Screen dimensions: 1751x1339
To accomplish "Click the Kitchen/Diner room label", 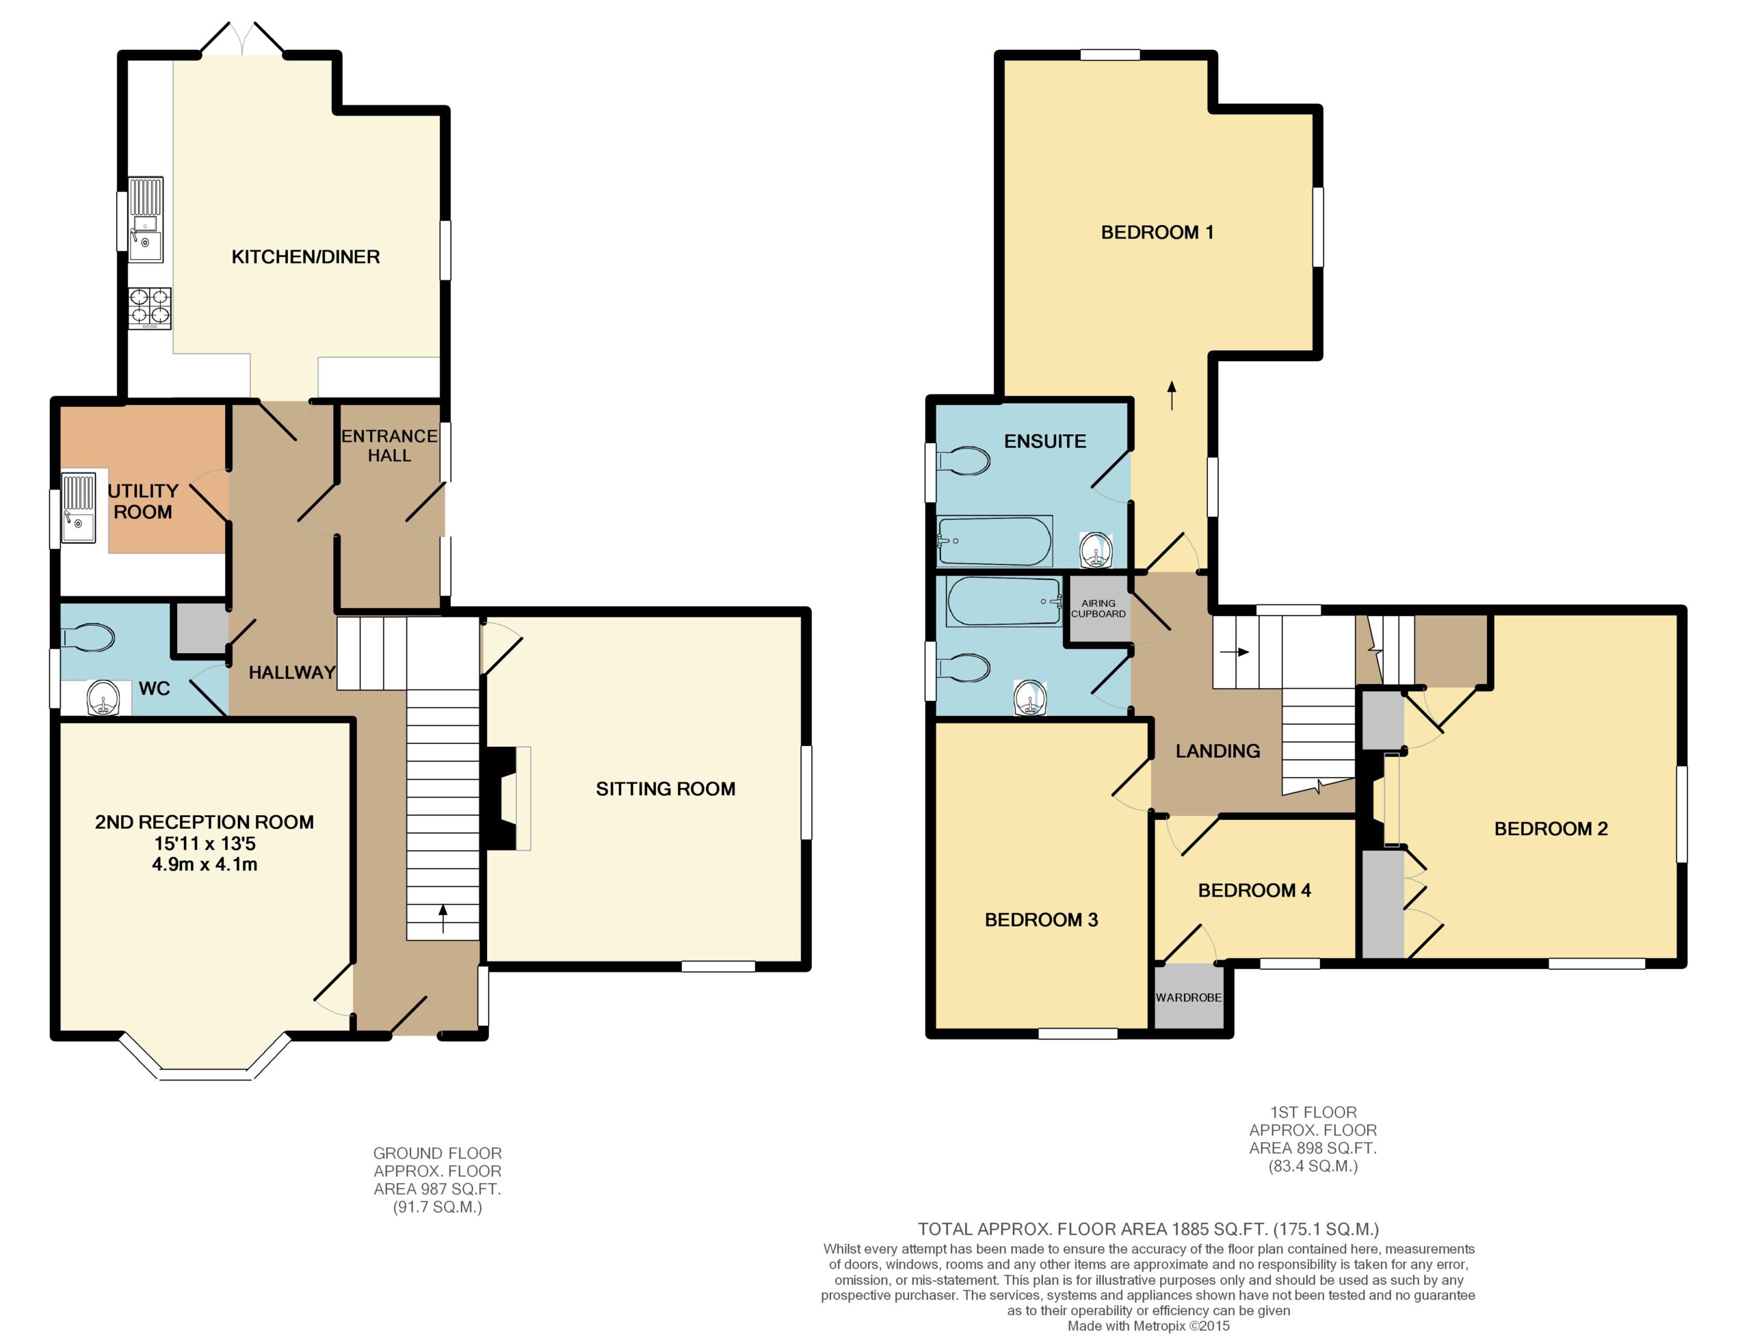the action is click(x=305, y=256).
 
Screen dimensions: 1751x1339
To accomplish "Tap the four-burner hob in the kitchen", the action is click(x=150, y=308).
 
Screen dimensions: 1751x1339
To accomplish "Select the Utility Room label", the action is click(x=143, y=501).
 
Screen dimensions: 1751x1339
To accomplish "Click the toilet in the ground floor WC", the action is click(x=88, y=637).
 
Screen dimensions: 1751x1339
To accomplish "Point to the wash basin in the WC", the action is click(x=103, y=698).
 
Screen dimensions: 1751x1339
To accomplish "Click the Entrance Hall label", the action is click(x=389, y=446).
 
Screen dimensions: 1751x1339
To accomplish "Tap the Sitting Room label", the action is click(x=666, y=789).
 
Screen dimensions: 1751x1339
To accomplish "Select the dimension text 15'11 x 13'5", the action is click(x=205, y=843).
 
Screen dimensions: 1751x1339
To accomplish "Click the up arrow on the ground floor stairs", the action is click(x=443, y=918).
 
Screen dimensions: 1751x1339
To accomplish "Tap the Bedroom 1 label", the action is click(x=1157, y=232).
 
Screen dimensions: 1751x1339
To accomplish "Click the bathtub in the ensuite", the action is click(x=995, y=541).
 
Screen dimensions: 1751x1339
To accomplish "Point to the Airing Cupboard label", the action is click(x=1098, y=608).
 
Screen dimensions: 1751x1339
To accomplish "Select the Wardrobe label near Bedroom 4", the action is click(x=1188, y=997).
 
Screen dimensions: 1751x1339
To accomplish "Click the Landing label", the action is click(x=1217, y=751).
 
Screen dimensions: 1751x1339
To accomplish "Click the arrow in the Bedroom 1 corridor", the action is click(x=1172, y=395).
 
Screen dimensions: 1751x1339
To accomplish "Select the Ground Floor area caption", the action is click(x=438, y=1180).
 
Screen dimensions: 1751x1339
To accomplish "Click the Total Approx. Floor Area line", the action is click(x=1148, y=1230).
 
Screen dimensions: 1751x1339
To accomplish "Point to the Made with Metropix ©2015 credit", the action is click(x=1148, y=1326).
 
